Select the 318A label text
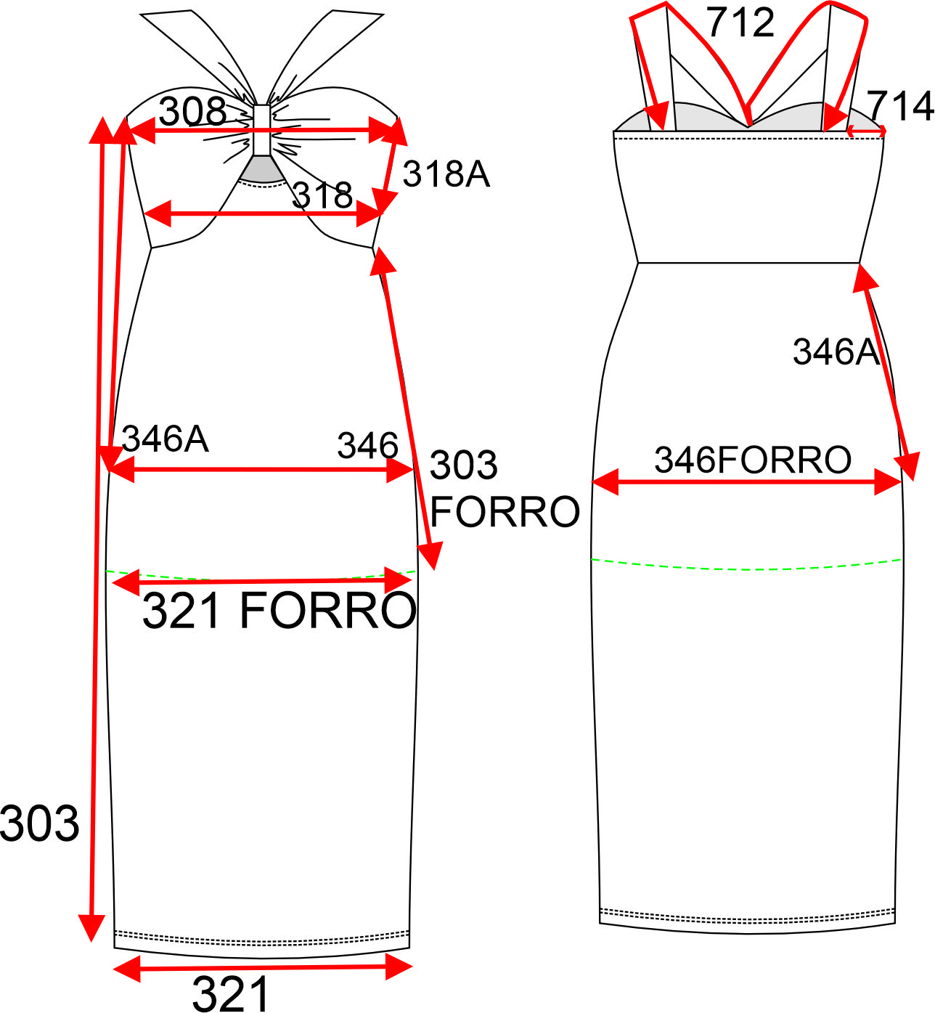point(446,174)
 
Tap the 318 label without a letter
point(322,195)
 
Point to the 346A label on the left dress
point(166,438)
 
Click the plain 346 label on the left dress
point(368,445)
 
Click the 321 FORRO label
point(279,610)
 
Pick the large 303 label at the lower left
point(39,823)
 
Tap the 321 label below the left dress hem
point(230,993)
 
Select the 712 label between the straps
point(740,23)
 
